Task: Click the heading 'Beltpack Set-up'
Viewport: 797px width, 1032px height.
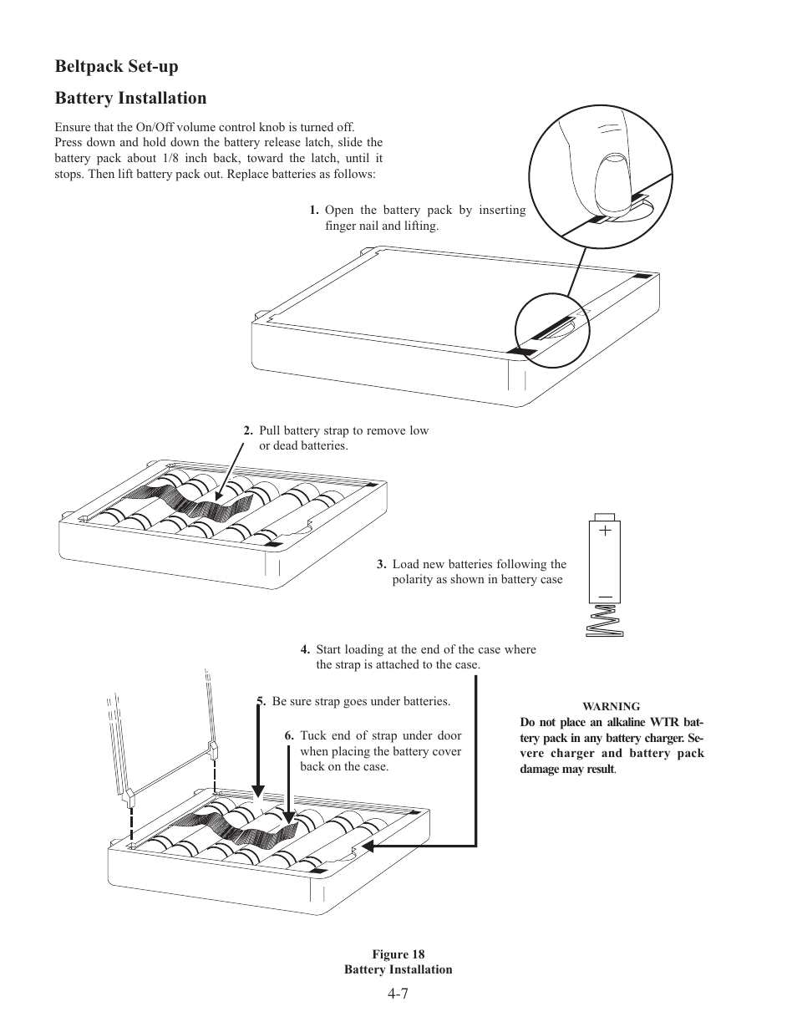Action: click(x=116, y=65)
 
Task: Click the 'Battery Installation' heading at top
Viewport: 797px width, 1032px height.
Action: click(x=130, y=98)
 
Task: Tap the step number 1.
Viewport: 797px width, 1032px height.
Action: click(x=313, y=210)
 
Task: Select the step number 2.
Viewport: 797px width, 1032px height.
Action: click(x=247, y=431)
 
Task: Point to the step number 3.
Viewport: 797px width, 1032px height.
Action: click(x=380, y=565)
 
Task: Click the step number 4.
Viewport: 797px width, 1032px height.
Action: click(x=305, y=650)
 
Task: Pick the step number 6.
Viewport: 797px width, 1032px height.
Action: click(x=288, y=736)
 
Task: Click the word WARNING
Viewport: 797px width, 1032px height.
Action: click(x=612, y=706)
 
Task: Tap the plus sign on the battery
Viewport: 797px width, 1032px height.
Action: click(x=604, y=531)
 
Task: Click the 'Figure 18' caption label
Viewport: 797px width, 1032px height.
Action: click(x=398, y=954)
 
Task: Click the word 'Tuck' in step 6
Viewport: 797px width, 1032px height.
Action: click(x=313, y=736)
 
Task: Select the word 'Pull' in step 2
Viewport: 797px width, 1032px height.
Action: click(x=269, y=431)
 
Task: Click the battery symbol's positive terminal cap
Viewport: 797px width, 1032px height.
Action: click(x=604, y=516)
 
